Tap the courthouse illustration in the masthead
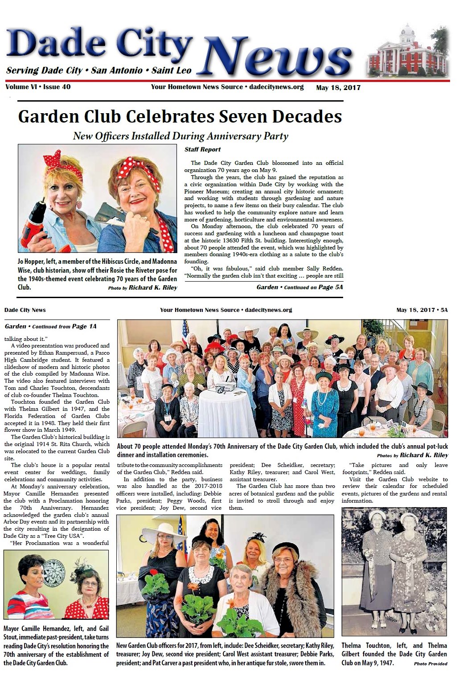(407, 53)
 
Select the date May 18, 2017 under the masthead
(338, 88)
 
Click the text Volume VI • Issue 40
(38, 87)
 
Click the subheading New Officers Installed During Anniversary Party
(180, 136)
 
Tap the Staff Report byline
(202, 150)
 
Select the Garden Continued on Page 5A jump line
(299, 287)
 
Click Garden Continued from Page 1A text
(50, 327)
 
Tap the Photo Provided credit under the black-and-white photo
(430, 664)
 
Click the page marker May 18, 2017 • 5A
(422, 310)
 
